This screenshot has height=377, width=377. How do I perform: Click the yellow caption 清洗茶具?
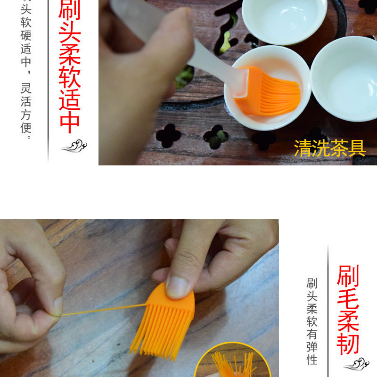point(330,148)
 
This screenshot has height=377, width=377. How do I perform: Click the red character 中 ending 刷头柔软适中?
point(69,122)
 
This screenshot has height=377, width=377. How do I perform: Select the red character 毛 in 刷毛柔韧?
point(348,299)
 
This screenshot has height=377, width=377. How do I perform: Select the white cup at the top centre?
point(284,19)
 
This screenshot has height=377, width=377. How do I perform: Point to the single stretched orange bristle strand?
point(104,310)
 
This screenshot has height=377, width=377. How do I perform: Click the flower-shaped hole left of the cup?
point(168,136)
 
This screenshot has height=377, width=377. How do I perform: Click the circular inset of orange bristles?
point(231,363)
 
